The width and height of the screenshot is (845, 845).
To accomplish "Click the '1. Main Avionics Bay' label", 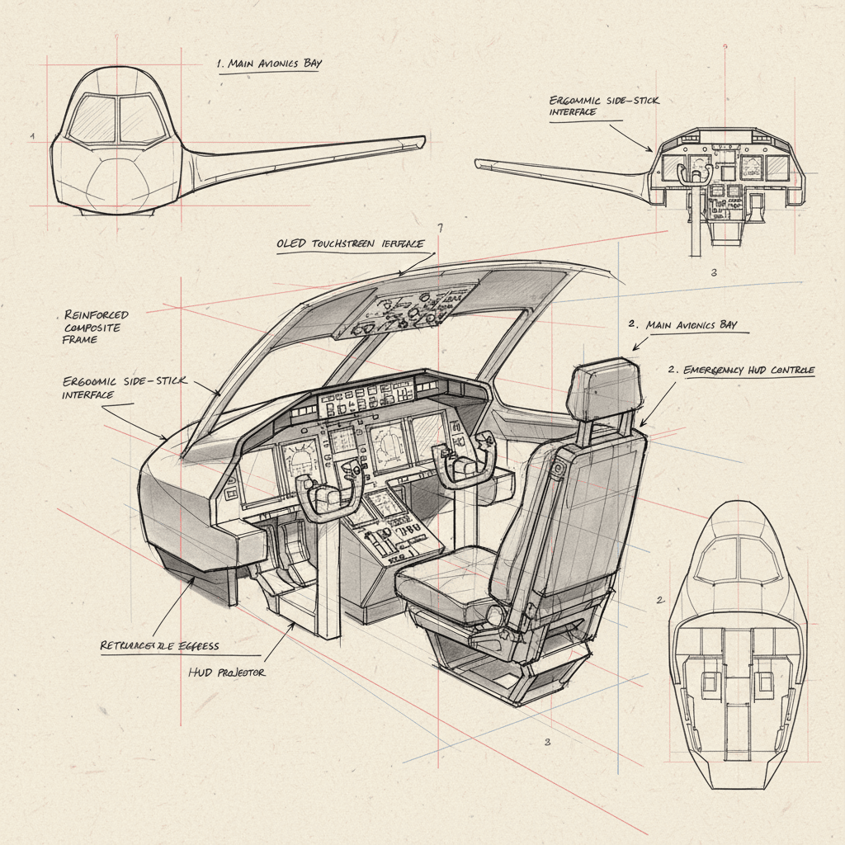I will tap(268, 63).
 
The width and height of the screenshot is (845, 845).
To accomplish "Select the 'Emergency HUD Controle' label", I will tap(741, 371).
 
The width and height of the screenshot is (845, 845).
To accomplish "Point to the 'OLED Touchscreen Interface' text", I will tap(350, 244).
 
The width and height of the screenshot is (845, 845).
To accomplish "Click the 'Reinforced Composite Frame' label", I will tap(96, 327).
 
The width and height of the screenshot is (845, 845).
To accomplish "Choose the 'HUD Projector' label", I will tap(227, 673).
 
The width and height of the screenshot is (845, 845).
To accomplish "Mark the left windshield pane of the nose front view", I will tap(92, 118).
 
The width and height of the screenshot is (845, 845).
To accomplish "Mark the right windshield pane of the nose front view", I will tap(143, 118).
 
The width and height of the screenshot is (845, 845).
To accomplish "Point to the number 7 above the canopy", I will tap(440, 229).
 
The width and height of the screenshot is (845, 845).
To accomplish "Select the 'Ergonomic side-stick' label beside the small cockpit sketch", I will tap(604, 106).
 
